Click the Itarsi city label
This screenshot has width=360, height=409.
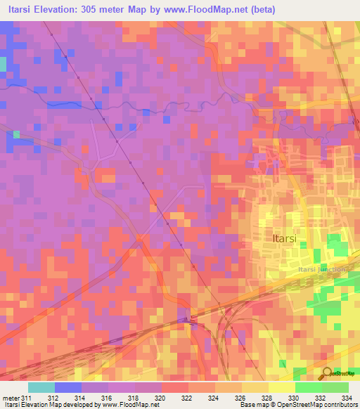[283, 238]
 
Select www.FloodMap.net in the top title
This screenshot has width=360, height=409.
[207, 9]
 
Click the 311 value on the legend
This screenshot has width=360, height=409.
[27, 398]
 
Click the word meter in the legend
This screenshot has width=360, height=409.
[10, 398]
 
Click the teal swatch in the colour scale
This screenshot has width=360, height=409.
[41, 387]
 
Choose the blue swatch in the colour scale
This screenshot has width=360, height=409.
[68, 387]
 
